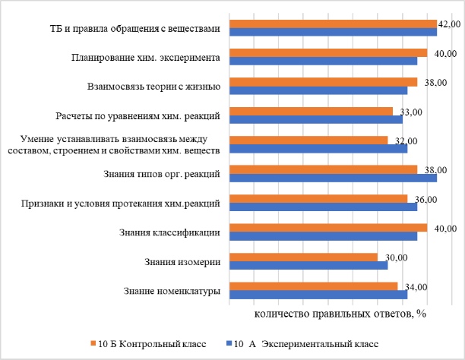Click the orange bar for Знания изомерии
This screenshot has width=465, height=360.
point(304,257)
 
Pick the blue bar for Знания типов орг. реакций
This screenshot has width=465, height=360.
point(333,178)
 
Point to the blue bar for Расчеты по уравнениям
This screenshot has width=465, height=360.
point(316,119)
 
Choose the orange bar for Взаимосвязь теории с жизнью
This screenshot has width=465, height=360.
point(324,81)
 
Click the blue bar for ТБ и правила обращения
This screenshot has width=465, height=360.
point(333,32)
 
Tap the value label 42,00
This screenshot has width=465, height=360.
point(450,25)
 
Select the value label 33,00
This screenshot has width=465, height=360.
point(411,112)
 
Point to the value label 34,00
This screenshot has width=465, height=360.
point(416,287)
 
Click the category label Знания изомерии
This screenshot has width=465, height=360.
point(182,262)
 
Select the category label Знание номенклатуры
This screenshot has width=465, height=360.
point(171,291)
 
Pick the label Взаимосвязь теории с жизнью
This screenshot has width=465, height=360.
point(153,87)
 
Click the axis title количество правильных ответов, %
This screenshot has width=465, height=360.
point(339,312)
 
